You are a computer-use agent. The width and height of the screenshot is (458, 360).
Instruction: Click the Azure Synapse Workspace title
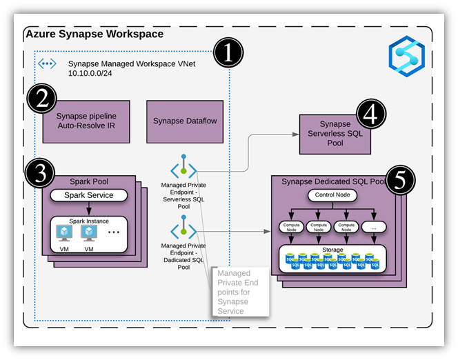(94, 34)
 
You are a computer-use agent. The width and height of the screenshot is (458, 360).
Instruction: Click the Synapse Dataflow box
(186, 121)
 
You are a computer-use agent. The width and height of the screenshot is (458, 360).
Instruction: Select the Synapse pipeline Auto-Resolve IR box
(86, 121)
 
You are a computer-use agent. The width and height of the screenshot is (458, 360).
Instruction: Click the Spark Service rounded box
(89, 195)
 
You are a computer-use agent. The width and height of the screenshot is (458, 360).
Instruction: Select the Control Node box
(332, 195)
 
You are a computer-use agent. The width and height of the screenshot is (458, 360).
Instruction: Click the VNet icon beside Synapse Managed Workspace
(47, 64)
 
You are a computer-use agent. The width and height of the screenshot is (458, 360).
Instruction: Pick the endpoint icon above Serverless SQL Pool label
(183, 166)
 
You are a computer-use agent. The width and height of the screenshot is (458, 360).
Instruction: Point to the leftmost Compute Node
(292, 226)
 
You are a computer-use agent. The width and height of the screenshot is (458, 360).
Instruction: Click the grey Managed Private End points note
(241, 292)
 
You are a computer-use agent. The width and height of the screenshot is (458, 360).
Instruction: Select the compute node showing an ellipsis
(373, 226)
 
